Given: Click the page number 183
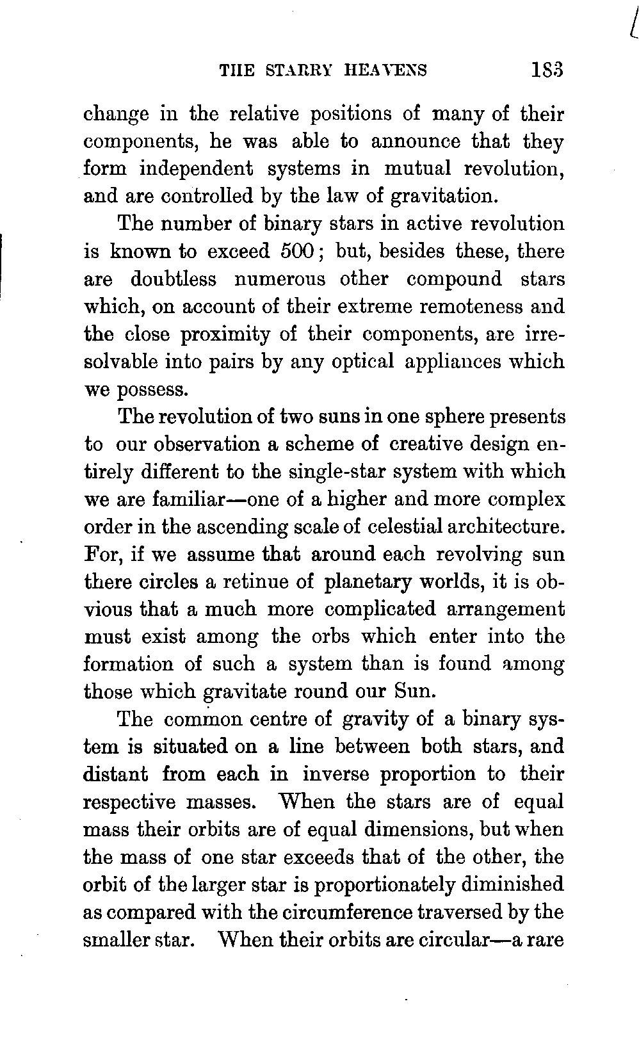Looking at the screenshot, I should point(546,69).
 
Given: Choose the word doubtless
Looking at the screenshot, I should point(174,279).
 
